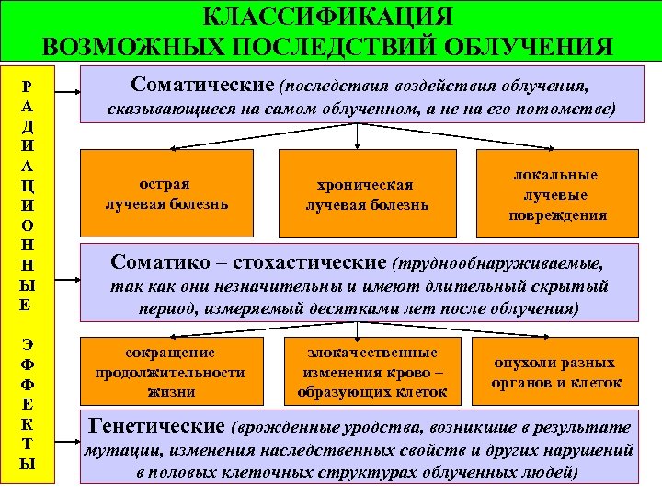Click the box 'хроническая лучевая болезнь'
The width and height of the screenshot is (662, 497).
tap(367, 194)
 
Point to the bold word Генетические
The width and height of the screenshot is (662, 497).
tap(155, 426)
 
